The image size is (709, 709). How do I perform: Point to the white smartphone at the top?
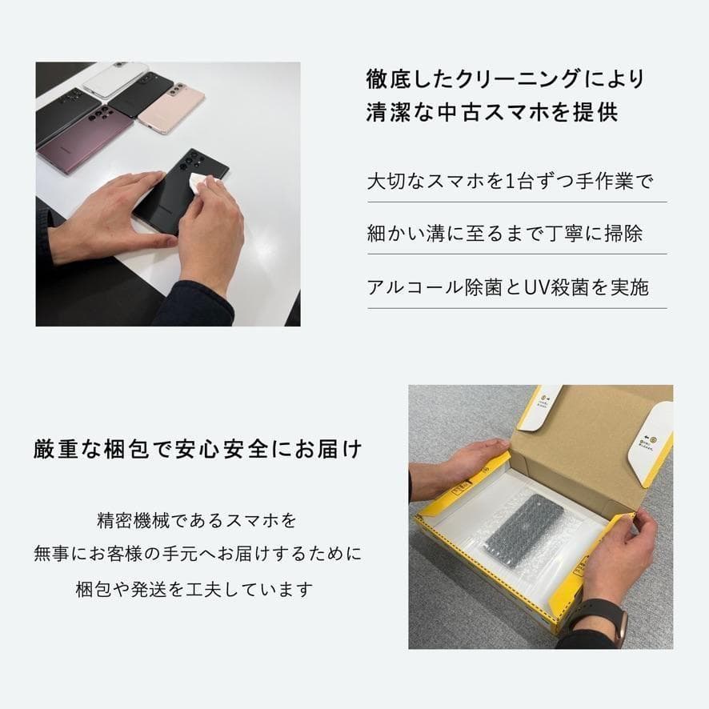point(116,78)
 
